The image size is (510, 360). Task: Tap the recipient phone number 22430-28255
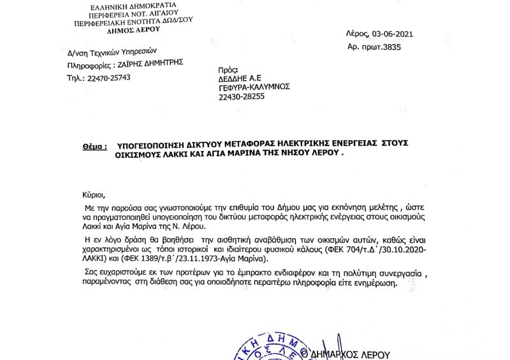tap(242, 96)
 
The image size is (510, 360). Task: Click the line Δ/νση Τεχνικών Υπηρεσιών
tap(112, 52)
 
